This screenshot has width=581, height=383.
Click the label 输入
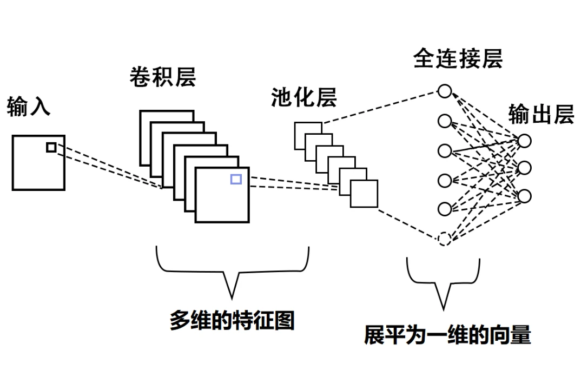pyautogui.click(x=29, y=107)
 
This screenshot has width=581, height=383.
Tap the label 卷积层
pyautogui.click(x=162, y=78)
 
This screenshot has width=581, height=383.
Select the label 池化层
pyautogui.click(x=304, y=98)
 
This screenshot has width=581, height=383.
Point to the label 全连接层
pyautogui.click(x=458, y=59)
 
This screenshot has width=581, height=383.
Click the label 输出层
pyautogui.click(x=541, y=115)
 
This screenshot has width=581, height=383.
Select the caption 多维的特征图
pyautogui.click(x=232, y=320)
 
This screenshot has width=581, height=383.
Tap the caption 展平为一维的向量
pyautogui.click(x=447, y=335)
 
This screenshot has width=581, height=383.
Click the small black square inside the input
pyautogui.click(x=51, y=147)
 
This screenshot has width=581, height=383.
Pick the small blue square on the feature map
pyautogui.click(x=236, y=179)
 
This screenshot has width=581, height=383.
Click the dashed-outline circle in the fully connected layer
pyautogui.click(x=444, y=239)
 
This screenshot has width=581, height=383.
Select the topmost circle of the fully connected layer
pyautogui.click(x=444, y=91)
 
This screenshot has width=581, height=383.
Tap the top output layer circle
pyautogui.click(x=524, y=141)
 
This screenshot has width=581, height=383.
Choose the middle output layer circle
pyautogui.click(x=524, y=168)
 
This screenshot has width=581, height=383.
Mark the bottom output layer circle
pyautogui.click(x=524, y=196)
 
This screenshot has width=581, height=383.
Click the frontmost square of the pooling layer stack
pyautogui.click(x=364, y=194)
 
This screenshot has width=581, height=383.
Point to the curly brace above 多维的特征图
pyautogui.click(x=232, y=270)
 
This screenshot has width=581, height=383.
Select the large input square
pyautogui.click(x=38, y=163)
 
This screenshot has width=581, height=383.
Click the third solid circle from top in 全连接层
pyautogui.click(x=444, y=150)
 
